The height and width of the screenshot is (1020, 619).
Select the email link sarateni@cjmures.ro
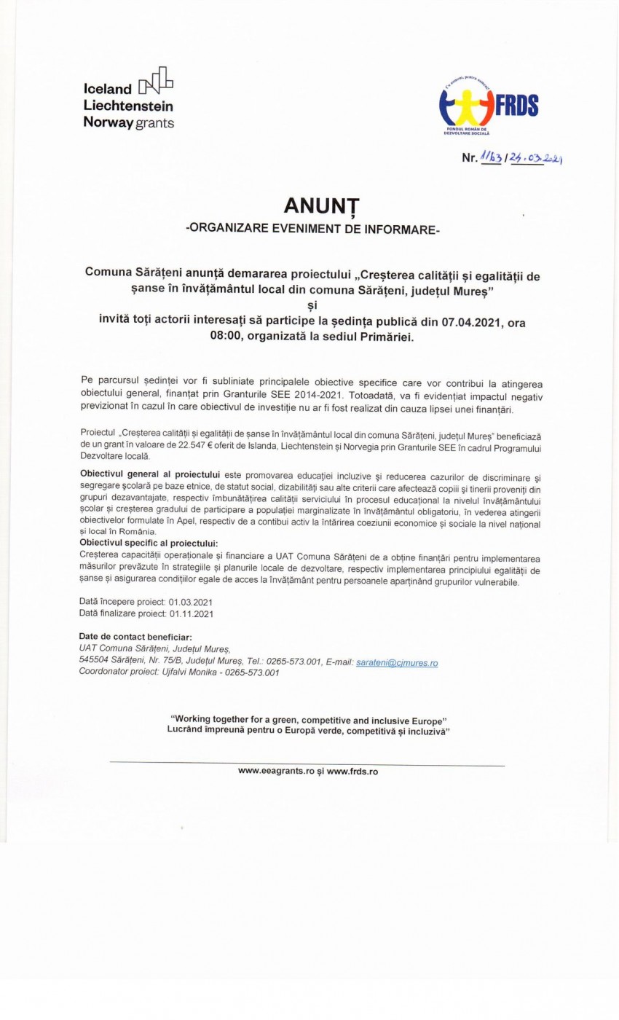pos(397,663)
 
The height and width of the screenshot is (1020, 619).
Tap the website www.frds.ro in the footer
pos(352,771)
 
